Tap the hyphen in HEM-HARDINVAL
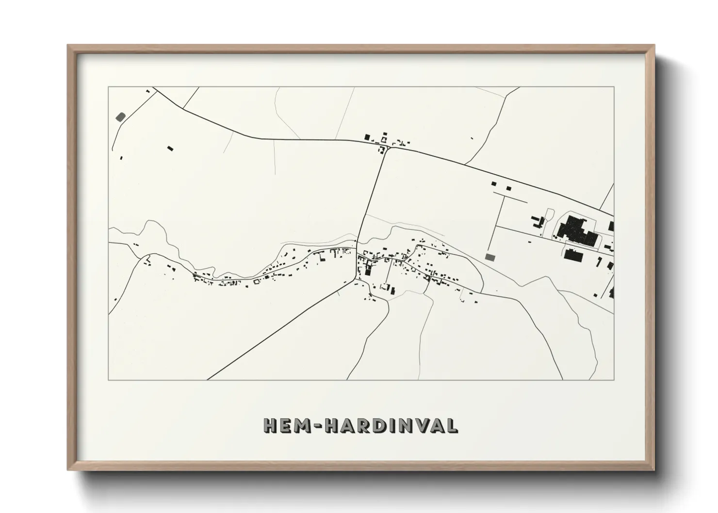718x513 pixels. point(318,426)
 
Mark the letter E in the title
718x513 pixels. point(286,426)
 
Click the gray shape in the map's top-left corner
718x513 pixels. point(120,117)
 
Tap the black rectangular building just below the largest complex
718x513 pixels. point(573,255)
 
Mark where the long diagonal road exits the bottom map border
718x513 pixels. point(208,380)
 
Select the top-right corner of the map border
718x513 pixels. point(614,87)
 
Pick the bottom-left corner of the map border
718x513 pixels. point(109,380)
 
